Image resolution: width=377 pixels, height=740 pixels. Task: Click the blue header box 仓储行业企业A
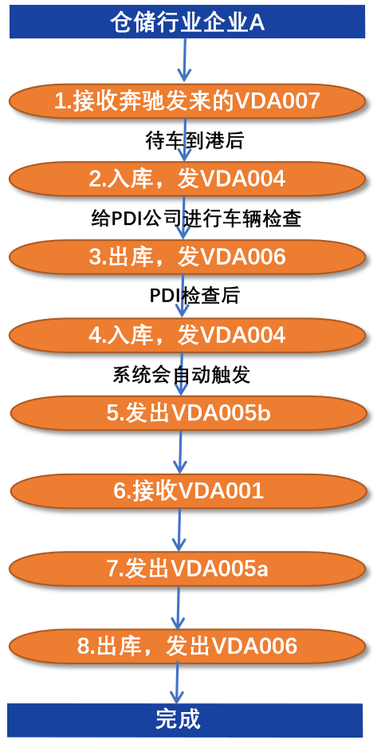187,22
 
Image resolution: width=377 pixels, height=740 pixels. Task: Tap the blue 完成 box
185,720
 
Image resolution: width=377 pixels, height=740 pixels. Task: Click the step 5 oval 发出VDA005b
188,413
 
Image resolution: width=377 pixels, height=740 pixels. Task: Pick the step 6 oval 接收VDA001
188,491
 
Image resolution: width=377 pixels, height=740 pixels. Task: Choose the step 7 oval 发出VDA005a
187,569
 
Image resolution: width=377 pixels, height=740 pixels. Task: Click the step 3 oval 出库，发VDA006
187,257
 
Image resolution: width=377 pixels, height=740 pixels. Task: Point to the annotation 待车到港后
194,141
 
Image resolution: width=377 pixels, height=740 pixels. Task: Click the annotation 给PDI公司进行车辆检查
196,219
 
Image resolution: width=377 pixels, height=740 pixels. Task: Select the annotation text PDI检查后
194,297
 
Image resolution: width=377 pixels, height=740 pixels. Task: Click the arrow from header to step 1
184,60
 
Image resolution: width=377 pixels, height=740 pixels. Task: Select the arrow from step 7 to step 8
178,608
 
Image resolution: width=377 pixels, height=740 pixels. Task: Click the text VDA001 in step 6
221,491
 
